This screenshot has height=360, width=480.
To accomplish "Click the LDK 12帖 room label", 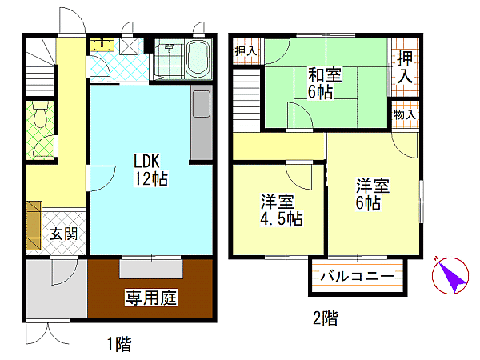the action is [x=151, y=170].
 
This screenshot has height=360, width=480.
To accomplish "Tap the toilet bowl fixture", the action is [x=40, y=114].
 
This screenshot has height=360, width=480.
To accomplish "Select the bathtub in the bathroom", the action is [x=198, y=59].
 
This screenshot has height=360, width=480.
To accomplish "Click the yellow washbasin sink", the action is [x=102, y=44].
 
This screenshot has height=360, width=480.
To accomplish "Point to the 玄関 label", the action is [x=64, y=234].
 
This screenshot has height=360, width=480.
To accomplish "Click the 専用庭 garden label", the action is [x=151, y=298].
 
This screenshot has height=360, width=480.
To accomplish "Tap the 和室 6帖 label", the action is [x=324, y=83].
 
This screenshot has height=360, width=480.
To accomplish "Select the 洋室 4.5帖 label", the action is [x=282, y=210].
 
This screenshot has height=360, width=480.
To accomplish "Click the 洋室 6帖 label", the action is [x=372, y=194].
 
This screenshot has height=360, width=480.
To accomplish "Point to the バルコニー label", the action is [x=358, y=277].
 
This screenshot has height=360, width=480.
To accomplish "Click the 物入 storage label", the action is [x=405, y=114].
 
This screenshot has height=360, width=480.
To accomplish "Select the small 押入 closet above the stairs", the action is [x=246, y=51].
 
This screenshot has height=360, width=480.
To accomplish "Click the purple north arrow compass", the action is [x=450, y=275].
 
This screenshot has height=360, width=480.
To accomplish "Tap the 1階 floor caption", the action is [x=119, y=344].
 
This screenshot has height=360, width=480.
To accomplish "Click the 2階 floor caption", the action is [x=326, y=318].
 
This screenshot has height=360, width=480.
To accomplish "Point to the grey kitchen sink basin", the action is [x=202, y=104].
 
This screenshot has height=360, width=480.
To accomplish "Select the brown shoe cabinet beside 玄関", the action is [x=34, y=226].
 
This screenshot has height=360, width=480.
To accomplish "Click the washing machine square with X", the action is [x=129, y=46].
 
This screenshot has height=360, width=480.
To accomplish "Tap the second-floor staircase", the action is [x=246, y=100].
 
